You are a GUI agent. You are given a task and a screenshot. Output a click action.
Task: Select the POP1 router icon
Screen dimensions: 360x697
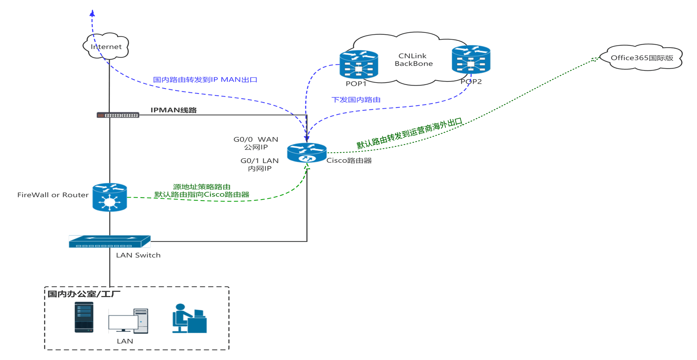click(358, 64)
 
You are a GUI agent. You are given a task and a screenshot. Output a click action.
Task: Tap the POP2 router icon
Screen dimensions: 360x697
click(471, 59)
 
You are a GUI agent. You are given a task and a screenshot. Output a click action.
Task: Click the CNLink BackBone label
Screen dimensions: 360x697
click(413, 60)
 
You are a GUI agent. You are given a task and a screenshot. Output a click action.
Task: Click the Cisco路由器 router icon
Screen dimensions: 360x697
click(306, 153)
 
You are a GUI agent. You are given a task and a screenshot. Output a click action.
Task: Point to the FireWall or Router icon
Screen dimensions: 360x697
click(110, 197)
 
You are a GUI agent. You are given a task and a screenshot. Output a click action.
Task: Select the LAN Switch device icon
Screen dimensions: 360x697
click(110, 242)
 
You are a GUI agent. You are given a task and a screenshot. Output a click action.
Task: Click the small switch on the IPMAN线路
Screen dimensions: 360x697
click(118, 115)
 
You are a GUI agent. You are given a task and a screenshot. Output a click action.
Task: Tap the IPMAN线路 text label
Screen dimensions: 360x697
click(173, 110)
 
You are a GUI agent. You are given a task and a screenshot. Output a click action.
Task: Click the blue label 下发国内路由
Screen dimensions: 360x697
click(356, 100)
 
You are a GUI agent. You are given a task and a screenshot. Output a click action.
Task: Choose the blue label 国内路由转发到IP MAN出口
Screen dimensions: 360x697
click(205, 80)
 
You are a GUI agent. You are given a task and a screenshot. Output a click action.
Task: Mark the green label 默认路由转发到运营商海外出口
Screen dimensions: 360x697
click(409, 134)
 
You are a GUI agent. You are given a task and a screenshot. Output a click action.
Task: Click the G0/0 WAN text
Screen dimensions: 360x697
click(256, 139)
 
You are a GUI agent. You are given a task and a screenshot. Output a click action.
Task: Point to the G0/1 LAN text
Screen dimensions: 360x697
click(260, 161)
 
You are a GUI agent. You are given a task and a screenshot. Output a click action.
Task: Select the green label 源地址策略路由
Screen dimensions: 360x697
click(202, 187)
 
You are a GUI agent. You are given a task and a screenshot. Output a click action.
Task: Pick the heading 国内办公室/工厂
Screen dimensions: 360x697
click(84, 294)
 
